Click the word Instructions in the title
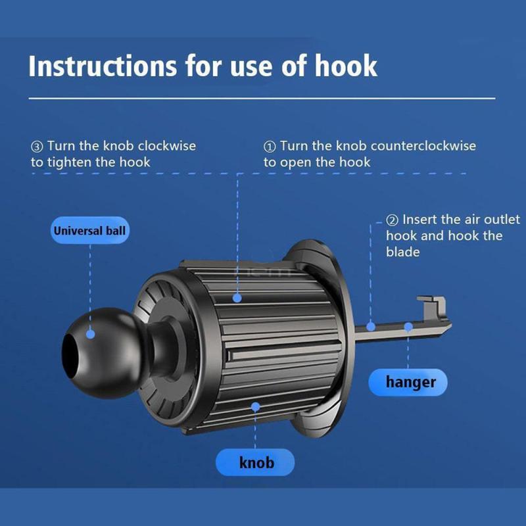(103, 66)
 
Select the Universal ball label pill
(89, 231)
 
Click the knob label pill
(255, 462)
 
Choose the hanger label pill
(408, 382)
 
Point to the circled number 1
(270, 147)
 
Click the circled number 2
(392, 220)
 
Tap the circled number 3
(37, 147)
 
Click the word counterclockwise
(423, 146)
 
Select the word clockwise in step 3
(167, 146)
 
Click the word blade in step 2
(402, 252)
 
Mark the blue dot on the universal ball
(90, 334)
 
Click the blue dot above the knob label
(255, 407)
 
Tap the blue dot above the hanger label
(408, 327)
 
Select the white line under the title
(262, 98)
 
